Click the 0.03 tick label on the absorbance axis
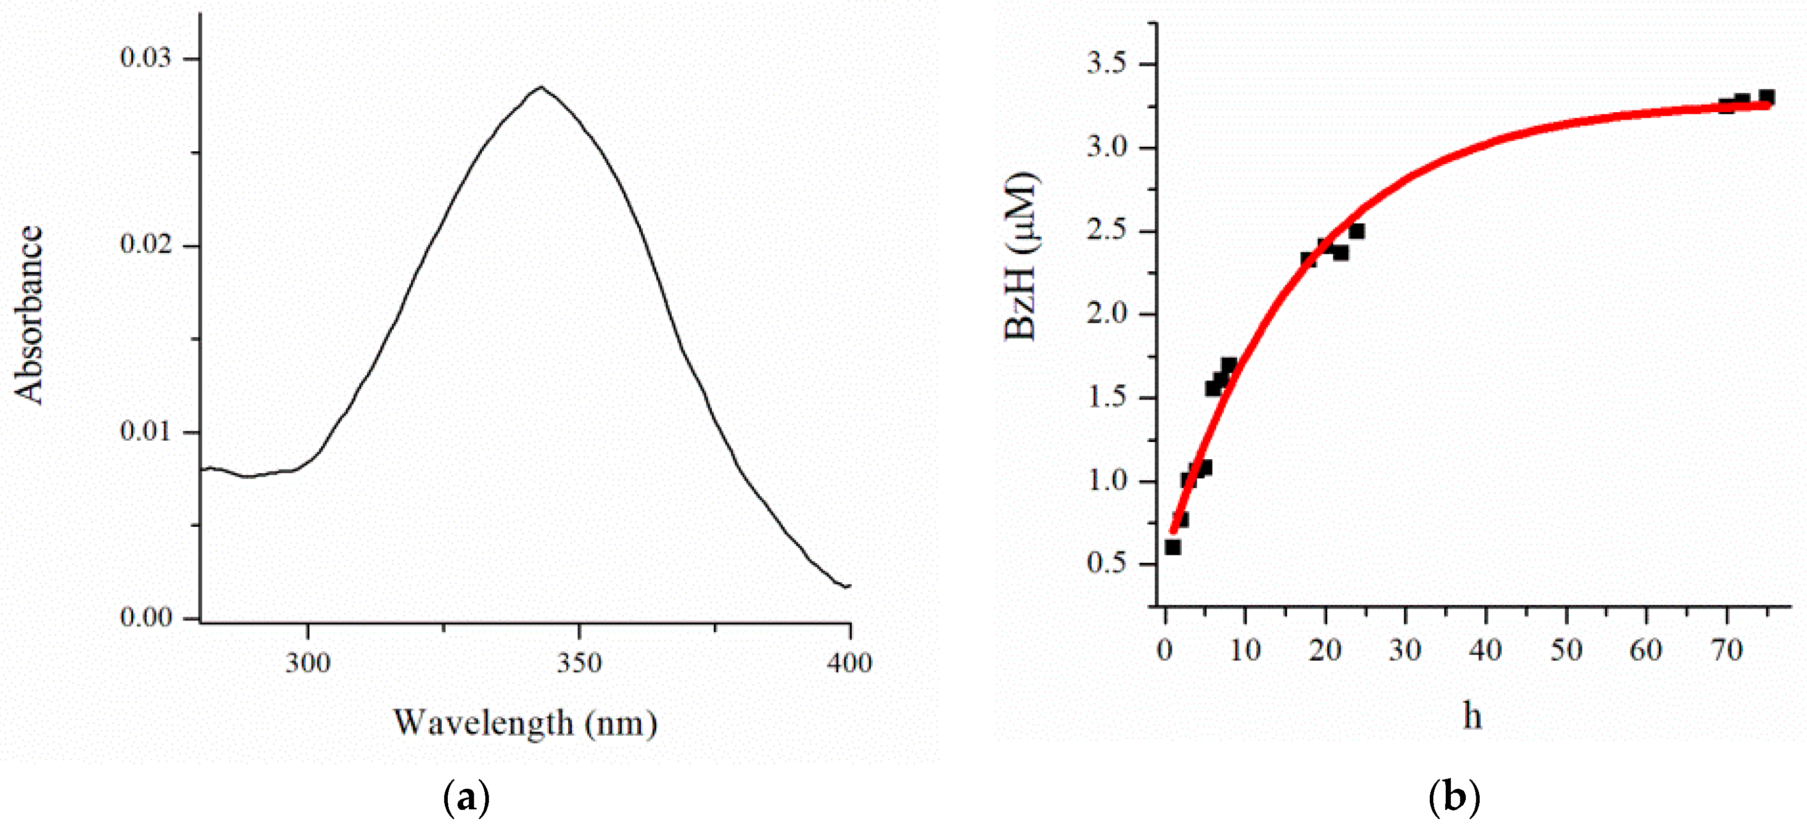coord(145,58)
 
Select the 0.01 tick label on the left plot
coord(145,431)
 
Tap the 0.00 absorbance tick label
coord(145,617)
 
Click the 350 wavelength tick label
coord(580,663)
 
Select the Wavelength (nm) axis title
coord(524,722)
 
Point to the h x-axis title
coord(1472,716)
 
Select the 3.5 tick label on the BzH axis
coord(1106,64)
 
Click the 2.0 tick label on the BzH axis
coord(1106,314)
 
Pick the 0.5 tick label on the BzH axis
coord(1106,563)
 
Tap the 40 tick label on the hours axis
coord(1486,650)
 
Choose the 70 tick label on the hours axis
coord(1726,650)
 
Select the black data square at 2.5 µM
coord(1357,231)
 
